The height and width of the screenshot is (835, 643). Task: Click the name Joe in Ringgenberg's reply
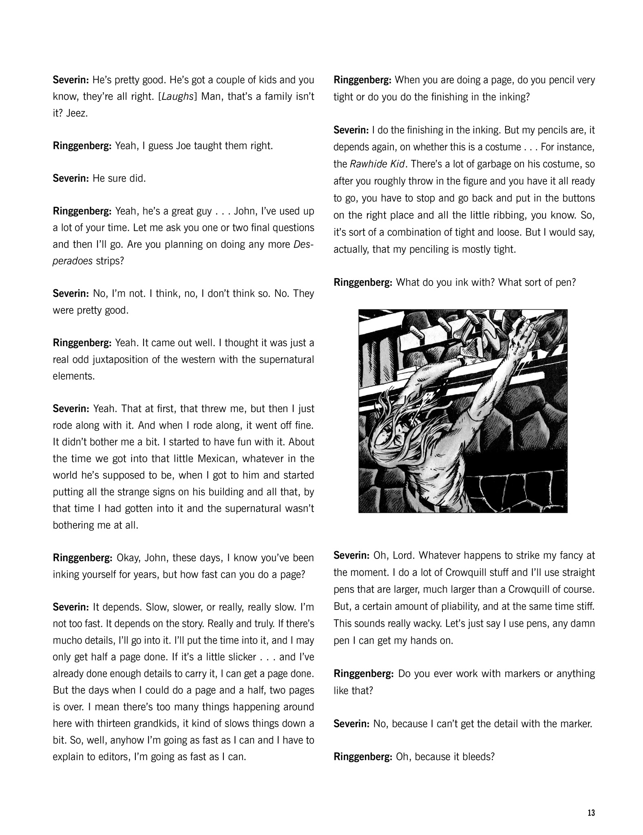pyautogui.click(x=183, y=146)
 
